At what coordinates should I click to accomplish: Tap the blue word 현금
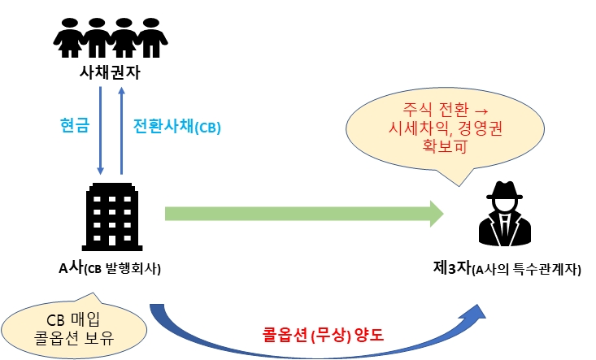coord(74,126)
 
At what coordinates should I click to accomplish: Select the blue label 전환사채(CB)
coord(176,127)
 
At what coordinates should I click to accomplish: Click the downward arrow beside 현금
coord(100,130)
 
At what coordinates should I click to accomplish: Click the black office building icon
coord(110,215)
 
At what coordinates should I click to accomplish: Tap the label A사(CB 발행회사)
coord(110,269)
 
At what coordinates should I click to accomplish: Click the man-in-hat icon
coord(505,214)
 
